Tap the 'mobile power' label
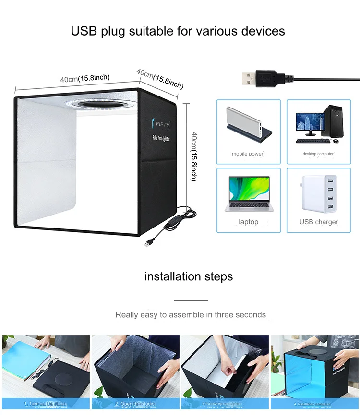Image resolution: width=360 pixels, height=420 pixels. (248, 154)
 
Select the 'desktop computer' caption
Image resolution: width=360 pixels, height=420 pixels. (318, 154)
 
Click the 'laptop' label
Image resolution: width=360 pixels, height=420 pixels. (248, 222)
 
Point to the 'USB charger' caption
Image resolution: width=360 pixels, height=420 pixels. (319, 222)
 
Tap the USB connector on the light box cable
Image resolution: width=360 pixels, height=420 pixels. (146, 243)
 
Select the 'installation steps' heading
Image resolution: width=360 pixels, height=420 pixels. (189, 276)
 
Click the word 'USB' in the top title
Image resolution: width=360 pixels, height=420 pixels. (84, 31)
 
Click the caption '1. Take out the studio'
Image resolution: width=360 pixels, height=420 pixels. (45, 404)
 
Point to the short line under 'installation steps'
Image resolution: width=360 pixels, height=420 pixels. (191, 300)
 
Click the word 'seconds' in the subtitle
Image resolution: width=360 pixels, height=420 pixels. (250, 315)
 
